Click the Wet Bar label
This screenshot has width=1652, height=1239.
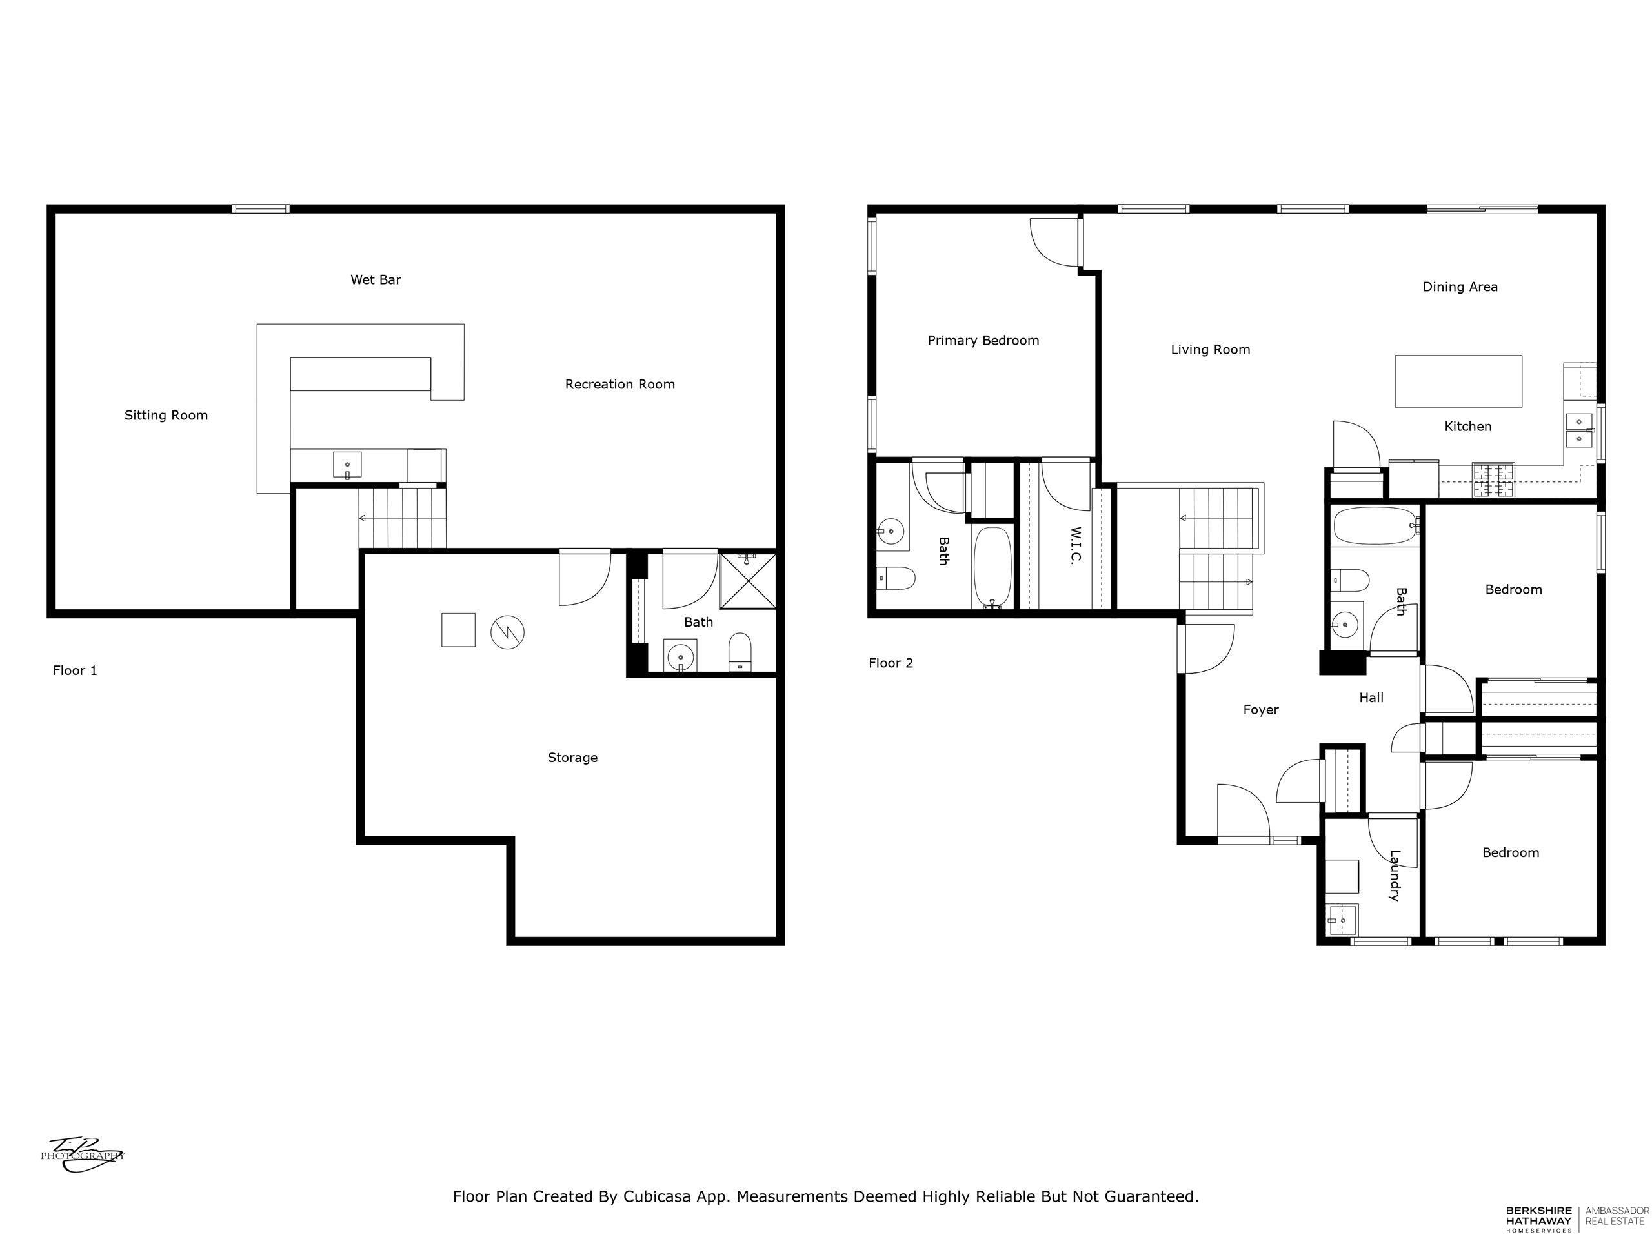376,280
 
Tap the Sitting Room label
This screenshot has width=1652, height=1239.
166,415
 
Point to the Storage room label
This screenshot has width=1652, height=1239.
572,758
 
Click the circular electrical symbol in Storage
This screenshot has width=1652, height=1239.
507,632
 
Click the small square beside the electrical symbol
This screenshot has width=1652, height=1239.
458,630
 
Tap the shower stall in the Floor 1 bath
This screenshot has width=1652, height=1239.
747,581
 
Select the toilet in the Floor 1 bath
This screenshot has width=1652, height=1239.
740,652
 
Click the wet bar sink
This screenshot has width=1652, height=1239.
347,465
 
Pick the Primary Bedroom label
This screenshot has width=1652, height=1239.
983,341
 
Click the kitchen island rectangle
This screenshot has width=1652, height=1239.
1458,381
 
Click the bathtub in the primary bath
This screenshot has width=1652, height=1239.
992,568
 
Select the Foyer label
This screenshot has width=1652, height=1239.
1261,709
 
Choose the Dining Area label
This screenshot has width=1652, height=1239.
1459,287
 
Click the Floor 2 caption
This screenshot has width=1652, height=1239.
891,663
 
